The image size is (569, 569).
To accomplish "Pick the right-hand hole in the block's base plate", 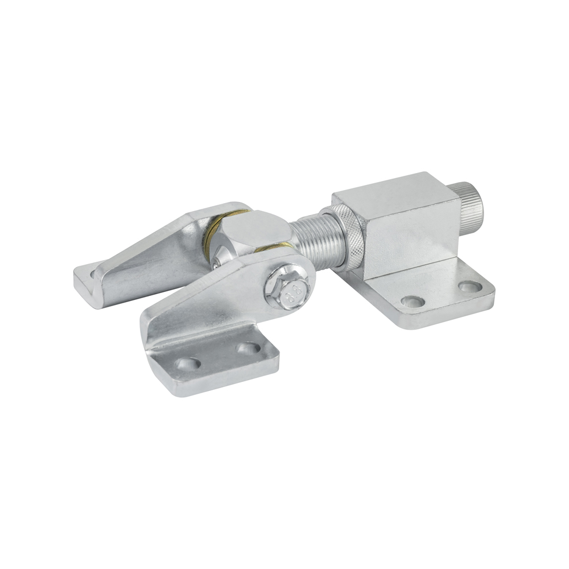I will tap(470, 286).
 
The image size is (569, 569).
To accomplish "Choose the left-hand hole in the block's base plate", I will tap(413, 301).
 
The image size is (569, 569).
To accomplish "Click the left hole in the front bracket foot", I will tap(188, 364).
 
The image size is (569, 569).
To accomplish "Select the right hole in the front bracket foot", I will tap(248, 348).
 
